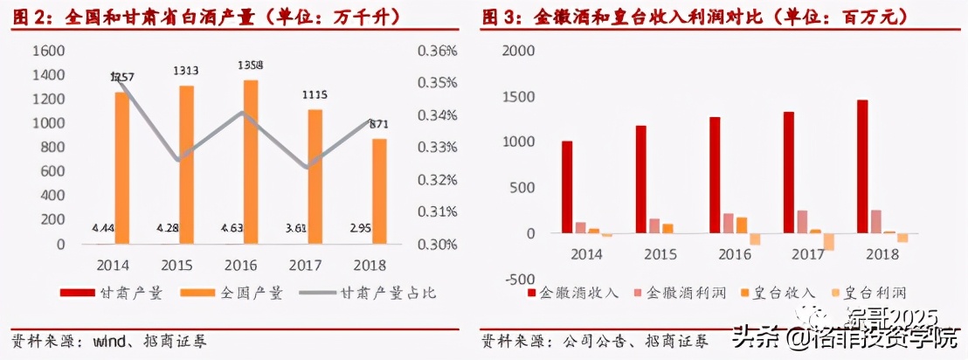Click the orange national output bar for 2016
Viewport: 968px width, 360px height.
pos(250,162)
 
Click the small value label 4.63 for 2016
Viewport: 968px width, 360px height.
pos(240,228)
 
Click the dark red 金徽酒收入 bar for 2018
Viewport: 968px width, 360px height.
pos(862,166)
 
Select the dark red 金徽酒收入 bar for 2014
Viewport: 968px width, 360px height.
pos(567,187)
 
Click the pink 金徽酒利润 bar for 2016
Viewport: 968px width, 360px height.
pos(729,223)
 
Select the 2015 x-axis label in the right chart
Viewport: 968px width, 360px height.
pos(660,253)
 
